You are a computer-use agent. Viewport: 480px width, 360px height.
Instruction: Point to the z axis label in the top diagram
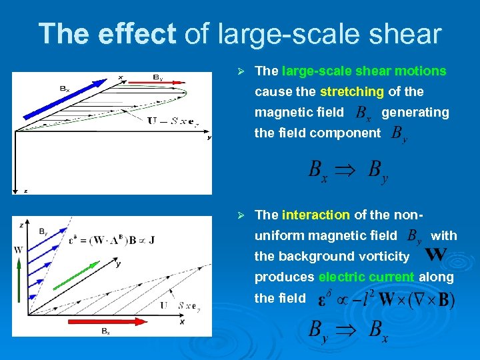(x=26, y=191)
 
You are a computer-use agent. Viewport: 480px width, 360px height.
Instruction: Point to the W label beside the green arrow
(x=18, y=250)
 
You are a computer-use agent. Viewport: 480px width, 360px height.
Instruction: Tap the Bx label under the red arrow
(x=105, y=331)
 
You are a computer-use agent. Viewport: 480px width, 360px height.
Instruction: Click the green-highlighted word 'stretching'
(x=351, y=91)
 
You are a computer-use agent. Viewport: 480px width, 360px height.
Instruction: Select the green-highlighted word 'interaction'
(x=315, y=215)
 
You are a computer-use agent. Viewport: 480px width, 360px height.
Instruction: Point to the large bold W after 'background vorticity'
(x=435, y=255)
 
